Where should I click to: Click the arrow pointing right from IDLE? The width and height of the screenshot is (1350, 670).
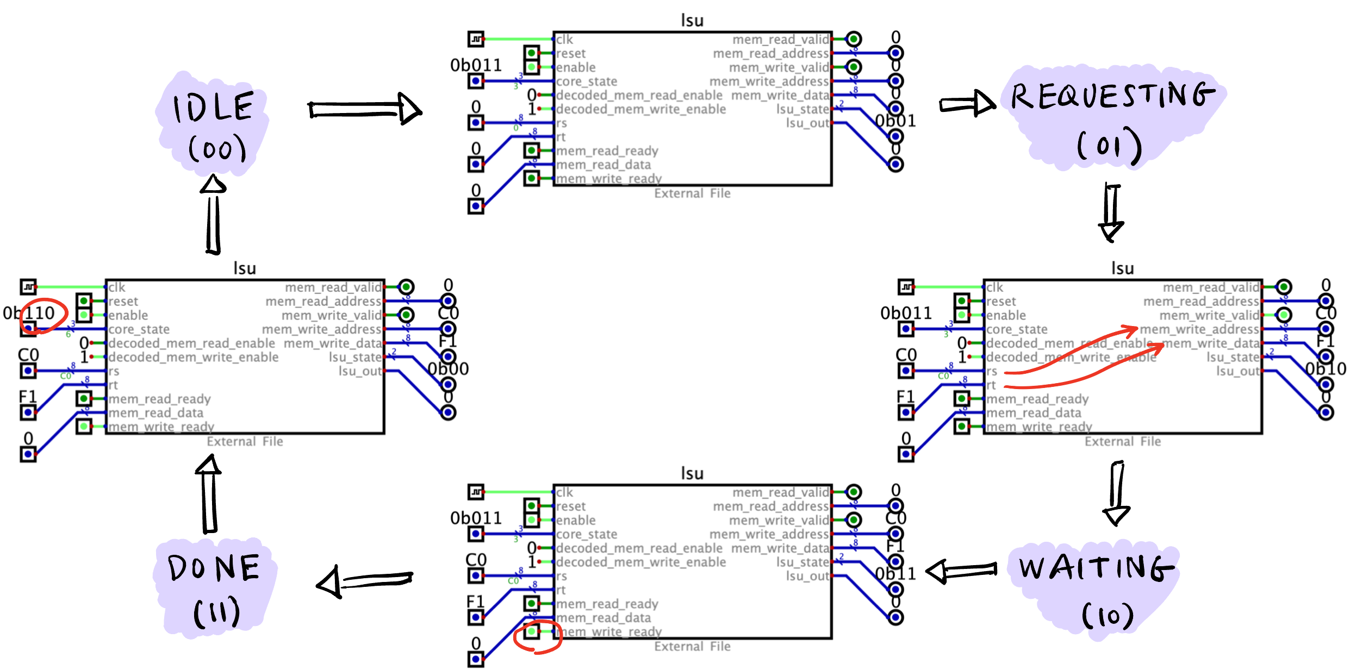click(364, 109)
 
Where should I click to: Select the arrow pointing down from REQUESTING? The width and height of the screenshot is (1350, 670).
click(1112, 212)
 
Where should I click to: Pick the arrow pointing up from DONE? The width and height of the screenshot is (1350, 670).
click(209, 494)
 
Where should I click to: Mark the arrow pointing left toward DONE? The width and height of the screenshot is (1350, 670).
click(364, 582)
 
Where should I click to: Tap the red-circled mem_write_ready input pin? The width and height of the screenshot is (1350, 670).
click(532, 631)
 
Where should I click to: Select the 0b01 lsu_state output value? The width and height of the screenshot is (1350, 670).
click(895, 121)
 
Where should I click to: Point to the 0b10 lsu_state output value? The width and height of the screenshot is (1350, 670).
click(1326, 369)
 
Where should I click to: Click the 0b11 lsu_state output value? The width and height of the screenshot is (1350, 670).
click(895, 573)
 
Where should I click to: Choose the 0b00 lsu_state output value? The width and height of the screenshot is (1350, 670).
click(448, 369)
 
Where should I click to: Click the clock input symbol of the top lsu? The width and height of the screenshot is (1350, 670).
click(476, 39)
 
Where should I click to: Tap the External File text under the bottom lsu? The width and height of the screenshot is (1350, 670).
click(692, 647)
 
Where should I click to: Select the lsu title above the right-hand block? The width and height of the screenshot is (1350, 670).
click(1122, 268)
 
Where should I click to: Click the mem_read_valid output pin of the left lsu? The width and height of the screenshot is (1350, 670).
click(406, 286)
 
